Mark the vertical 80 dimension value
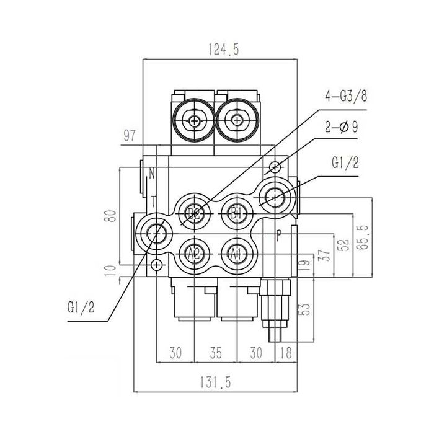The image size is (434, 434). click(x=110, y=216)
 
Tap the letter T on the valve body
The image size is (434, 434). click(x=153, y=200)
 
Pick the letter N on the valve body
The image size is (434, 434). click(x=151, y=174)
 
